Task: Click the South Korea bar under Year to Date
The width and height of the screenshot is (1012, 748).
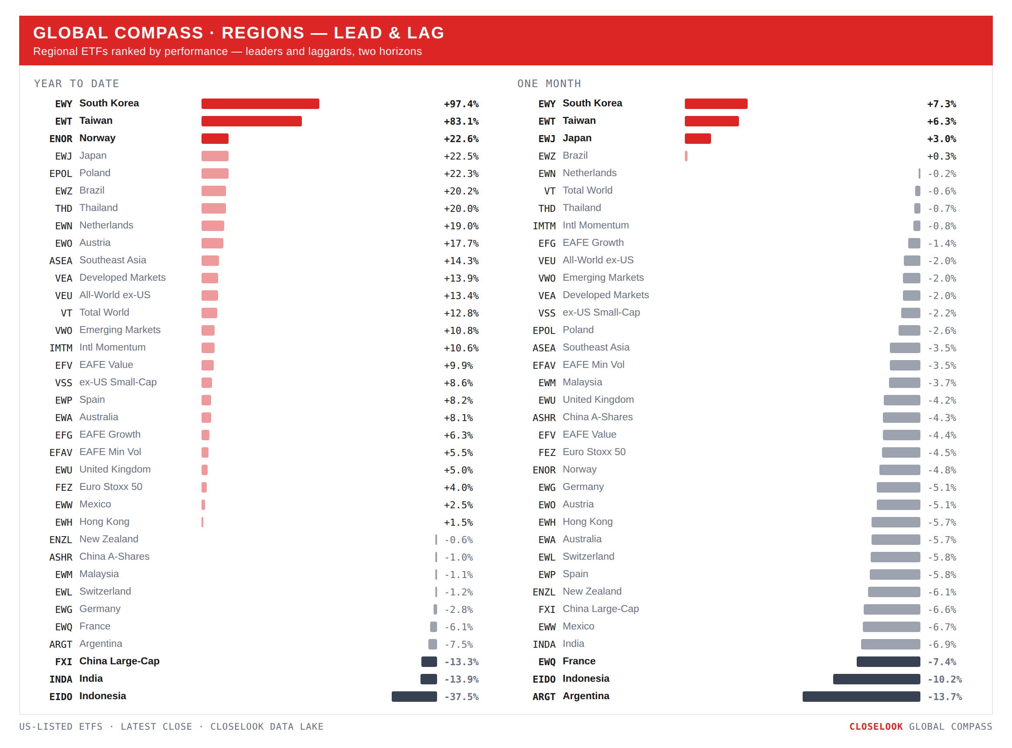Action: coord(260,104)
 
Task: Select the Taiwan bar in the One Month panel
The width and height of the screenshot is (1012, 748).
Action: coord(711,121)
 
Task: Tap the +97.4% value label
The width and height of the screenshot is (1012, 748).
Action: coord(461,104)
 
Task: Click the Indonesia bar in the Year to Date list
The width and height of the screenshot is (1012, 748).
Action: coord(414,696)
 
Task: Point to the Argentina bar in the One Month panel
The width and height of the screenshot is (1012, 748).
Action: coord(861,696)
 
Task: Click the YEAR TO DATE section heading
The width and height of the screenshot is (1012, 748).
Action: coord(77,84)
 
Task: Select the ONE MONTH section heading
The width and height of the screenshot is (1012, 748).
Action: coord(549,84)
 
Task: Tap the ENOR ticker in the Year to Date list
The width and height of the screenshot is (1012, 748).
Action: coord(61,139)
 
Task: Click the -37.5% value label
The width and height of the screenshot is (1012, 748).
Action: coord(461,697)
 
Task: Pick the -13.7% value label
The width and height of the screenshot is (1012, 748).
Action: coord(944,697)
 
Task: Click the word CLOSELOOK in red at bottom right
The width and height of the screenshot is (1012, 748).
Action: coord(875,726)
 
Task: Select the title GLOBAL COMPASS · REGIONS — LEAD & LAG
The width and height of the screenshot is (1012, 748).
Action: coord(239,33)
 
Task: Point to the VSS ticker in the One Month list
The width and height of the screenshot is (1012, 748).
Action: coord(546,313)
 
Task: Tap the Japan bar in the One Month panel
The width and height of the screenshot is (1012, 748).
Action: coord(697,139)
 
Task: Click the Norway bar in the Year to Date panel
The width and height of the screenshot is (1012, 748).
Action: coord(215,139)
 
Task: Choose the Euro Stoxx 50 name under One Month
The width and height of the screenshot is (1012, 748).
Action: coord(594,452)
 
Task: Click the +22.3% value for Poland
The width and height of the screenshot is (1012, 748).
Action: coord(461,173)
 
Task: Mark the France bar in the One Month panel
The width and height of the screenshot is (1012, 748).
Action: coord(888,661)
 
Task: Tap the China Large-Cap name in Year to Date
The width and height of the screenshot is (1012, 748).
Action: coord(119,661)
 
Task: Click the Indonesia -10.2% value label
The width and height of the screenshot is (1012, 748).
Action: coord(944,679)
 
